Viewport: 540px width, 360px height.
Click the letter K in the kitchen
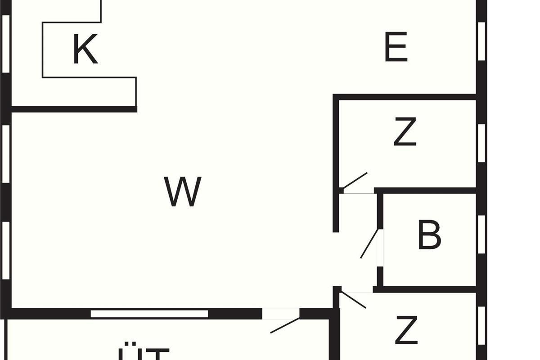[x=85, y=49]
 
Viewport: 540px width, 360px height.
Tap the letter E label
[x=396, y=47]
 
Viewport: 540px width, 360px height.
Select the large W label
[x=182, y=192]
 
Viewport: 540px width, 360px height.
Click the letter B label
[x=429, y=235]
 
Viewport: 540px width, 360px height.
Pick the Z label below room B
[x=406, y=330]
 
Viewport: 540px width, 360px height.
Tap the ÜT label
[x=143, y=353]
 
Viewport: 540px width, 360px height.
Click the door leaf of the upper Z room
[x=355, y=180]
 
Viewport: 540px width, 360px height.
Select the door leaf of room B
[x=369, y=244]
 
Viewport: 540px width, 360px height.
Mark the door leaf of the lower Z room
[x=354, y=300]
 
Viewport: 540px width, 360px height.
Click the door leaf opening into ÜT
[x=285, y=325]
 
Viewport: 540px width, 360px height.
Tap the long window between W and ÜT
[x=149, y=313]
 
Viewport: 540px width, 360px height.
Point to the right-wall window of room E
[x=481, y=40]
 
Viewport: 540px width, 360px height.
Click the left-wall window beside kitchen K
[x=6, y=44]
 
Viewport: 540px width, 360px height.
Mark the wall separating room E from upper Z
[x=405, y=97]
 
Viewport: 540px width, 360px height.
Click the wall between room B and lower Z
[x=425, y=289]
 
